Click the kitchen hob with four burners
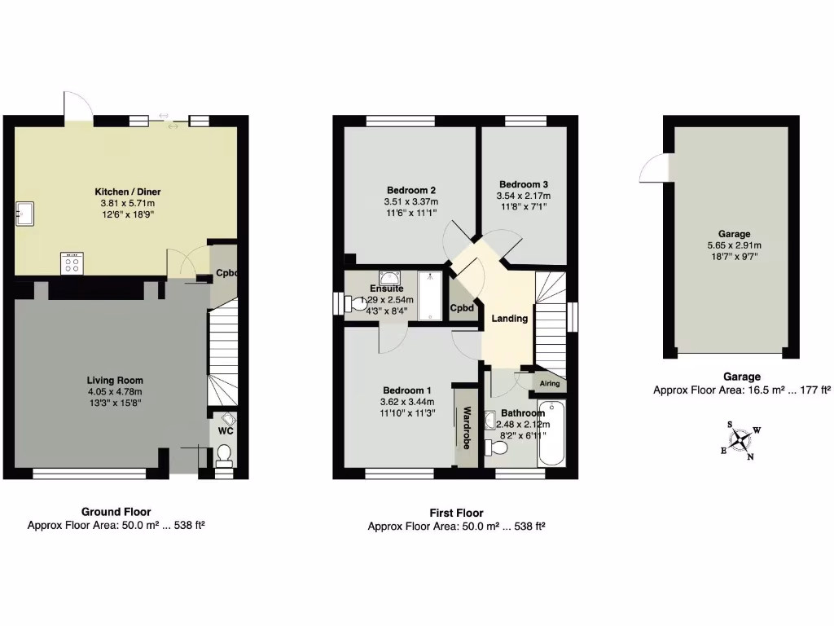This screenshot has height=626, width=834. [72, 263]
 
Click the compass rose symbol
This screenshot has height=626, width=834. [740, 440]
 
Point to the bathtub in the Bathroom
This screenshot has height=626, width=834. [551, 433]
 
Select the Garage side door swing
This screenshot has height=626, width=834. [654, 168]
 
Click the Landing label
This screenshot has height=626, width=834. [510, 319]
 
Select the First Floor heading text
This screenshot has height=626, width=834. [456, 513]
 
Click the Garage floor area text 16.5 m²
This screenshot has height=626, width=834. [741, 390]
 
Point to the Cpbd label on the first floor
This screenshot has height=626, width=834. [463, 308]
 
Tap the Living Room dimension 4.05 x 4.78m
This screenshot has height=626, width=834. [115, 392]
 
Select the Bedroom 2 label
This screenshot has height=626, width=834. [410, 189]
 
